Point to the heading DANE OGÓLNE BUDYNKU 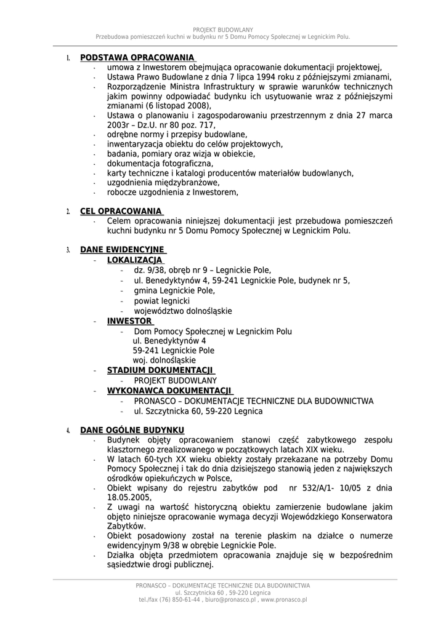[132, 429]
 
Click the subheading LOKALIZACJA [131, 260]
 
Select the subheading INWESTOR [129, 321]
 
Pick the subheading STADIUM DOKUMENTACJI [160, 370]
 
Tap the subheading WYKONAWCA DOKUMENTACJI [169, 391]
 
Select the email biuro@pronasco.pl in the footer [231, 600]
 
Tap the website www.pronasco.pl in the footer [284, 600]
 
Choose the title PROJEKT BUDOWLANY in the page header [223, 30]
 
